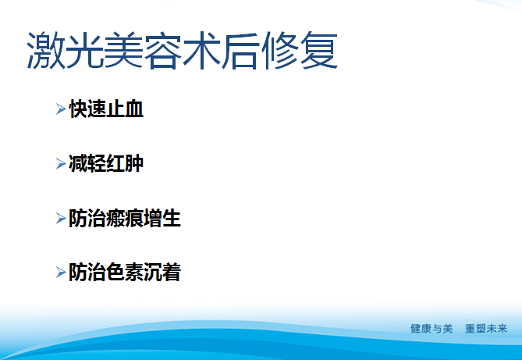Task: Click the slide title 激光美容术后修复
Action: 182,52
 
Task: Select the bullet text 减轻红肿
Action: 106,164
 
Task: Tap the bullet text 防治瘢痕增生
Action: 125,219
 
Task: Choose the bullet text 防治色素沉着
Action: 125,273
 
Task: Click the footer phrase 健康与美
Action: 431,329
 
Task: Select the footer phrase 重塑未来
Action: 486,329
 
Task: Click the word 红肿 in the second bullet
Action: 125,164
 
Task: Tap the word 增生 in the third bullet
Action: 162,219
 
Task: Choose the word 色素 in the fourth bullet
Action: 125,273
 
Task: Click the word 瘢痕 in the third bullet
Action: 125,219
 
